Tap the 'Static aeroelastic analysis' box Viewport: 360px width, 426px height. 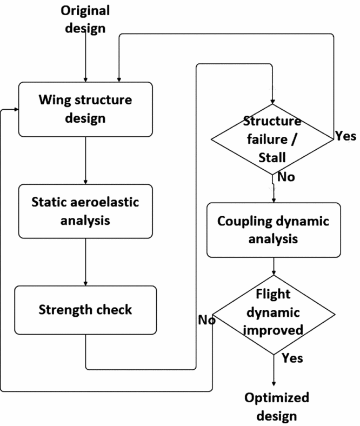pos(85,211)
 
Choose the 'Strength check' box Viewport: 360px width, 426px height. pos(85,310)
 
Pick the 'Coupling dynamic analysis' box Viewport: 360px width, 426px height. pos(274,230)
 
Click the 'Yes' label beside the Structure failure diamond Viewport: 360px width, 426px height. pos(345,136)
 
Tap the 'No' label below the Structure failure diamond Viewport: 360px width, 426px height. pos(286,177)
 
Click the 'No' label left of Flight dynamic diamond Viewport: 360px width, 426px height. pos(205,320)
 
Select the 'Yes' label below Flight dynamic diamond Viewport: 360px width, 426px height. pos(292,358)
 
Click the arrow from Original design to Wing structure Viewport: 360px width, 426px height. pos(85,59)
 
